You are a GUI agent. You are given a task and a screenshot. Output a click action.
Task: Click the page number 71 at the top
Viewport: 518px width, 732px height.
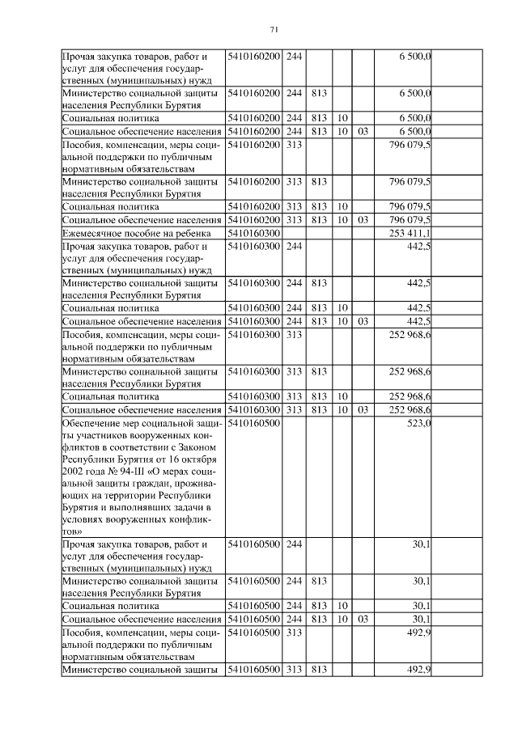pos(273,30)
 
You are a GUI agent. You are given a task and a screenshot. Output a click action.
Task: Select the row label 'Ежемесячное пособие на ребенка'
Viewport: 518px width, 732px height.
pos(133,233)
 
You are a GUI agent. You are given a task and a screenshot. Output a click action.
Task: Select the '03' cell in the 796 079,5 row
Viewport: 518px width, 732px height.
pos(362,219)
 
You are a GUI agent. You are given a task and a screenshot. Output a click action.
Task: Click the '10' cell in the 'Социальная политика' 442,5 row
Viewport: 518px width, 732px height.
pos(342,308)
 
